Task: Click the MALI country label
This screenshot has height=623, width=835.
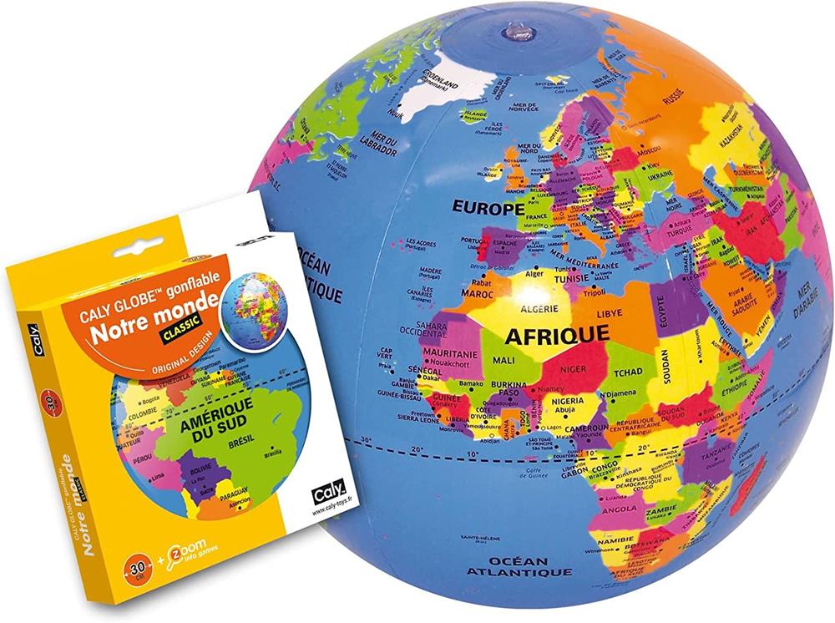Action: (x=504, y=360)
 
